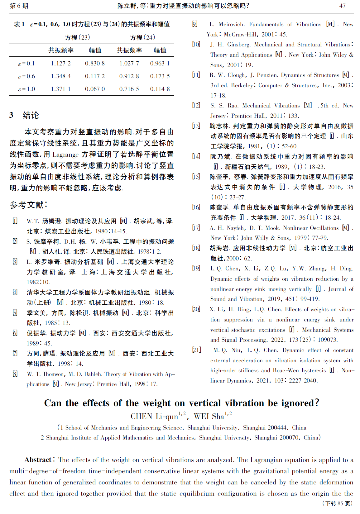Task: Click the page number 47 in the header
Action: tap(342, 6)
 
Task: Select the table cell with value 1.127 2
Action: tap(61, 64)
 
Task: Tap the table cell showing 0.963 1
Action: tap(160, 64)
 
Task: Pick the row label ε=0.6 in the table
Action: tap(26, 76)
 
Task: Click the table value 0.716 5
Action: tap(129, 89)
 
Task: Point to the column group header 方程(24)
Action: tap(142, 38)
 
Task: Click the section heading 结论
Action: tap(31, 115)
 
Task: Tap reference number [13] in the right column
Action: tap(196, 126)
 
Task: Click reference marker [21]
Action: tap(196, 350)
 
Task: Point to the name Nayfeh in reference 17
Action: tap(236, 228)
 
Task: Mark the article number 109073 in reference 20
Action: tap(328, 340)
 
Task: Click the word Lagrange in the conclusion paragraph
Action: tap(65, 155)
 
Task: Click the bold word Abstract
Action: tap(38, 460)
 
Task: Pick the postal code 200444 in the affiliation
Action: tap(274, 428)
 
